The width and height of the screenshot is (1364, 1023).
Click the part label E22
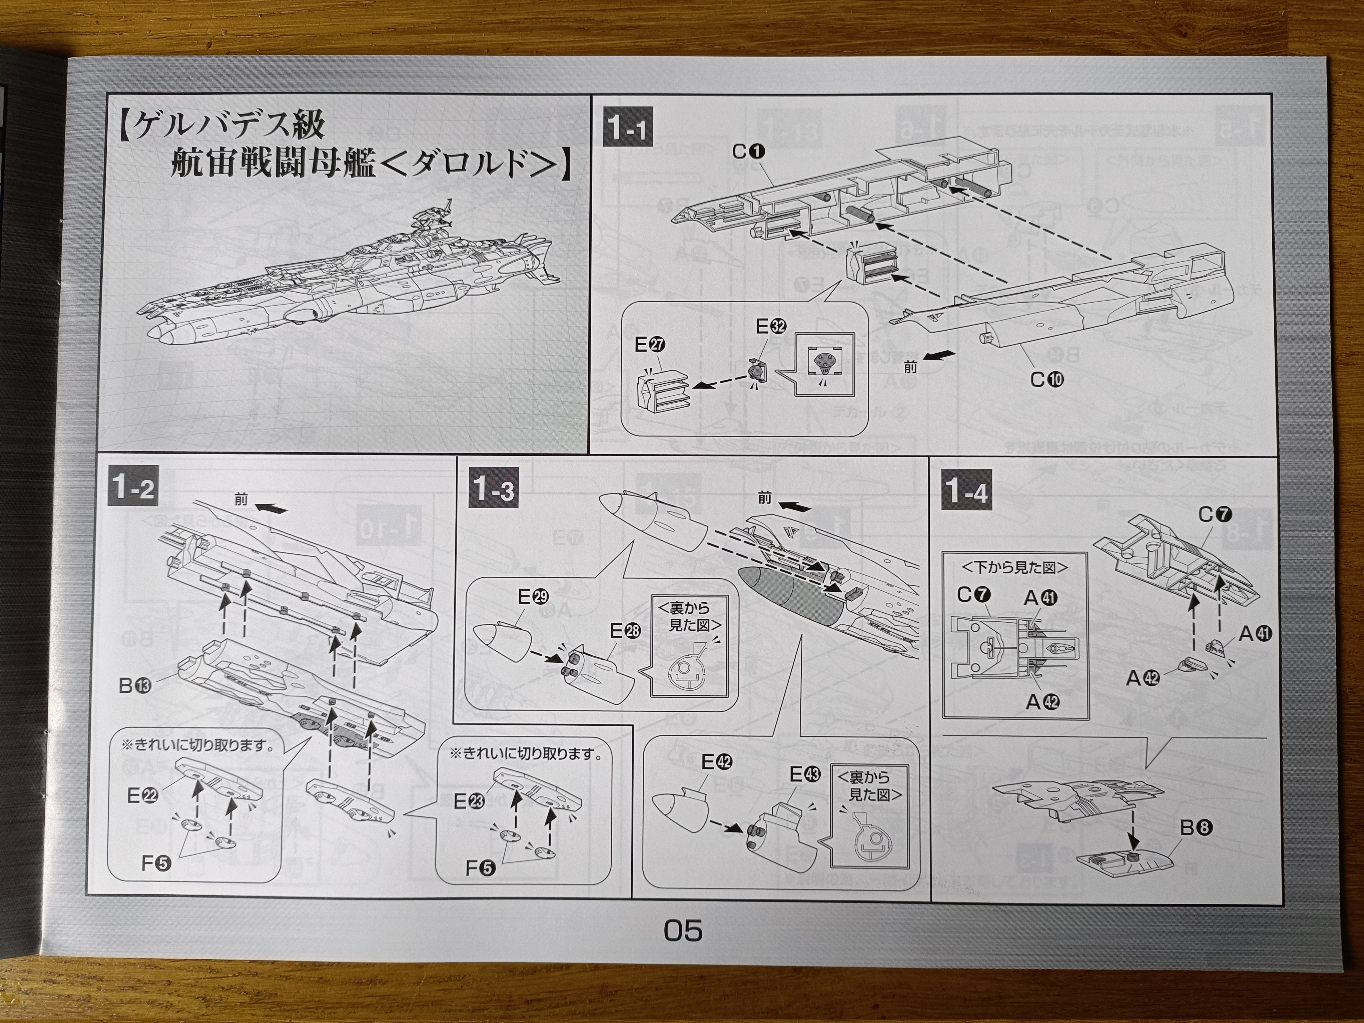(x=142, y=796)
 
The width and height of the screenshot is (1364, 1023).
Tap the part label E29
(x=533, y=597)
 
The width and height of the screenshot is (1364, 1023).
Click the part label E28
(x=625, y=631)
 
